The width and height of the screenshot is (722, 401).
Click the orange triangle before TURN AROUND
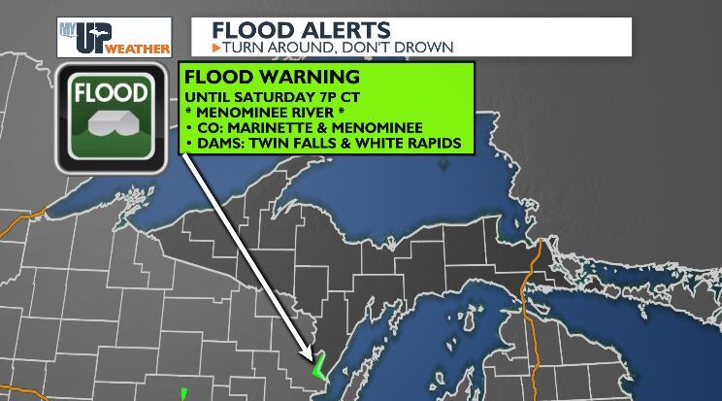215,47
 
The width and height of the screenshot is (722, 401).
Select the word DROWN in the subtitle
427,47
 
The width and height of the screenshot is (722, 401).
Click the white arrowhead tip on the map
312,361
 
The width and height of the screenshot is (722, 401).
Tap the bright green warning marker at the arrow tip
316,369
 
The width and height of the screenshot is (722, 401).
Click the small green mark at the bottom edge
182,394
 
